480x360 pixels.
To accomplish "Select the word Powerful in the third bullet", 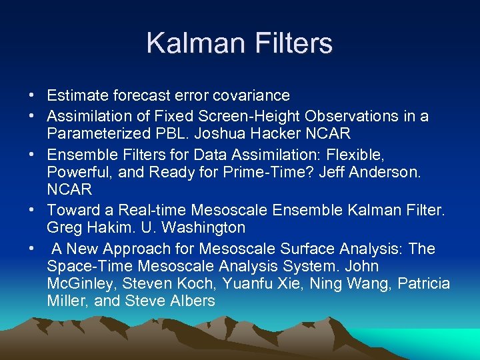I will [x=76, y=172].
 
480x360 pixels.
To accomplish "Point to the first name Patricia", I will [x=423, y=284].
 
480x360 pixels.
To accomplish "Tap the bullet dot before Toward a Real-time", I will [x=33, y=211].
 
